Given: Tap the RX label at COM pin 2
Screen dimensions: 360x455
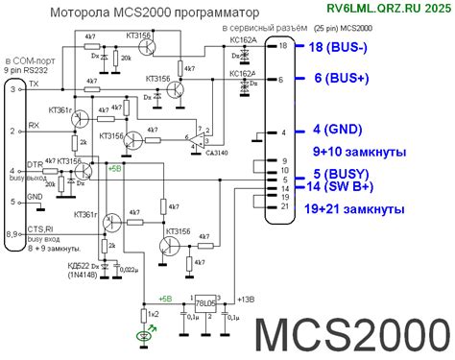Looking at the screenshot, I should tap(34, 125).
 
